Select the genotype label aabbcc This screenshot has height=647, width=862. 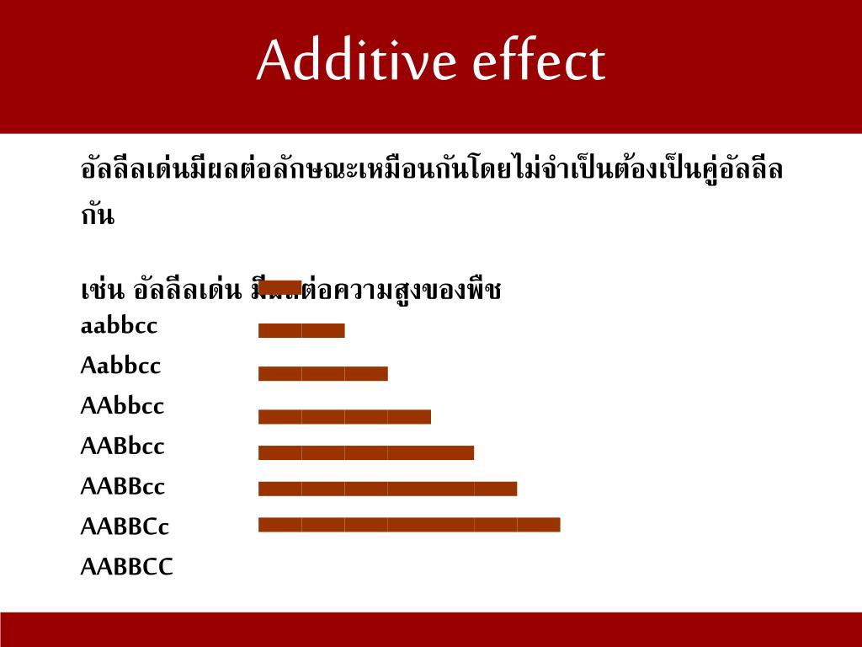pyautogui.click(x=119, y=326)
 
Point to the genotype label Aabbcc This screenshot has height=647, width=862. pyautogui.click(x=120, y=366)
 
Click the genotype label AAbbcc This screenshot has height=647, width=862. pyautogui.click(x=122, y=407)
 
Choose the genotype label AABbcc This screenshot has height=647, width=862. pyautogui.click(x=122, y=446)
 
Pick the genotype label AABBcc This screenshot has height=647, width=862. pyautogui.click(x=123, y=487)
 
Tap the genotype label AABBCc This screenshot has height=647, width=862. pyautogui.click(x=125, y=527)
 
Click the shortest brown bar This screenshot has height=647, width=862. pyautogui.click(x=279, y=287)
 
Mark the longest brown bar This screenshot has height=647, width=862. pyautogui.click(x=408, y=525)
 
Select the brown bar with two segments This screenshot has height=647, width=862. pyautogui.click(x=301, y=330)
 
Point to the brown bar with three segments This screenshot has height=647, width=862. pyautogui.click(x=322, y=373)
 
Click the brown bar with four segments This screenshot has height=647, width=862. pyautogui.click(x=344, y=416)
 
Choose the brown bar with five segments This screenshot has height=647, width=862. pyautogui.click(x=365, y=452)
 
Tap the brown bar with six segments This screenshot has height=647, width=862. pyautogui.click(x=387, y=489)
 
